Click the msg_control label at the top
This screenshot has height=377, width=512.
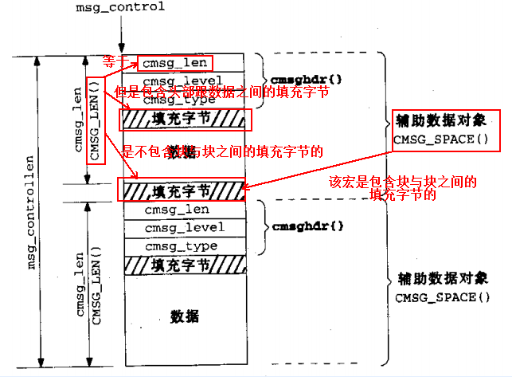[120, 7]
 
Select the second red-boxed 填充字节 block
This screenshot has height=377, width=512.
[181, 190]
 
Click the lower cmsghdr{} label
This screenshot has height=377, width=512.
[297, 226]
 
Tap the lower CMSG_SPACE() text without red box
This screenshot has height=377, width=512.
[440, 297]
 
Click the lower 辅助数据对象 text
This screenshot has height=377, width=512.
[441, 281]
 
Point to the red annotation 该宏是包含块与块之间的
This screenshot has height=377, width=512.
[403, 182]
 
